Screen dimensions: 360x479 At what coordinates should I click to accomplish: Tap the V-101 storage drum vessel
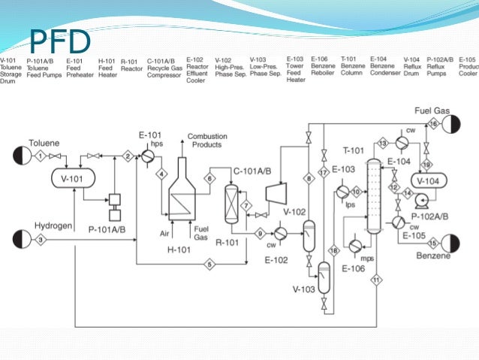click(x=71, y=178)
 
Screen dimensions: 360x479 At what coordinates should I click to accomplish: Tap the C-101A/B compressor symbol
click(x=276, y=193)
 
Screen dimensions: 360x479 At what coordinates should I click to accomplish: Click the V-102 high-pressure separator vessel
click(x=309, y=237)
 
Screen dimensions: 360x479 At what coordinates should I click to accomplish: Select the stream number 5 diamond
click(x=210, y=264)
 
